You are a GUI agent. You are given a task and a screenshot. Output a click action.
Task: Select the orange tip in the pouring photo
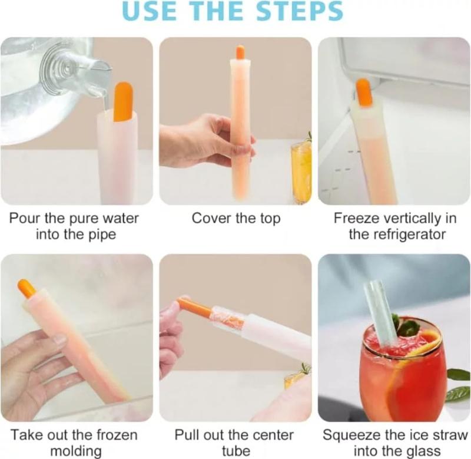[123, 101]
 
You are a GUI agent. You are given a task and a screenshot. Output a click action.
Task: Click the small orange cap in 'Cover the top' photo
[240, 52]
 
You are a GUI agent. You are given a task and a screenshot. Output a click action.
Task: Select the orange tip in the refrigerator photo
[364, 92]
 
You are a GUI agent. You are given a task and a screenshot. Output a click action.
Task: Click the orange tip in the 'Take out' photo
[26, 288]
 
